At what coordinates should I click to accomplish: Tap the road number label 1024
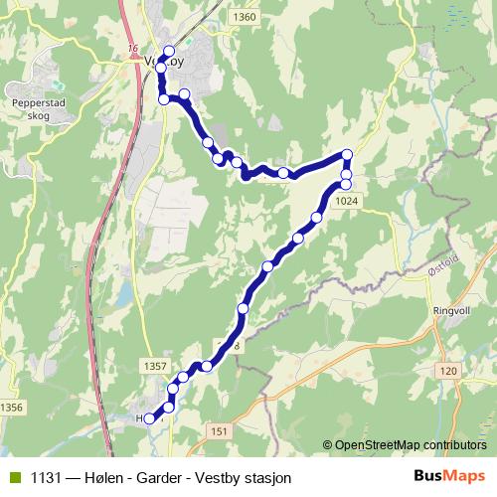[346, 201]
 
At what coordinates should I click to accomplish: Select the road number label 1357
[155, 367]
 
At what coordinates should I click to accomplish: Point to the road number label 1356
[12, 408]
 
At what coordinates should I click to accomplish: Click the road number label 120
[447, 371]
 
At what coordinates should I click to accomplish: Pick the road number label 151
[220, 429]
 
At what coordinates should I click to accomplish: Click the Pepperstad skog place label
[38, 108]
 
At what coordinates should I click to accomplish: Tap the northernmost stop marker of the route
[168, 51]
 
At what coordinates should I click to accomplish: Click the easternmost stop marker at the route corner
[347, 154]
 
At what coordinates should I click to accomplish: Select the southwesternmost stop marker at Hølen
[150, 418]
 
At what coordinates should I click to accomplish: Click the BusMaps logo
[448, 475]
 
